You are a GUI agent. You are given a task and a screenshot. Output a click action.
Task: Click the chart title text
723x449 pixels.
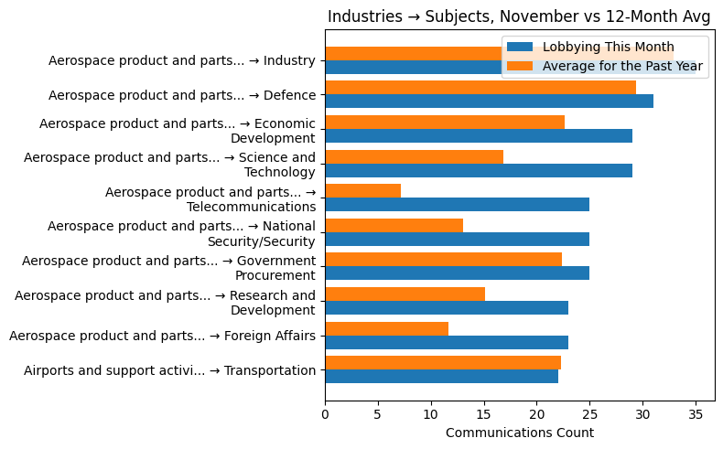tap(519, 16)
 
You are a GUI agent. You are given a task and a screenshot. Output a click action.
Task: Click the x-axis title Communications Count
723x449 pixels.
tap(519, 433)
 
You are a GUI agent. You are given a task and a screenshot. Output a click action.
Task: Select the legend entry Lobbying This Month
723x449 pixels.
tap(608, 47)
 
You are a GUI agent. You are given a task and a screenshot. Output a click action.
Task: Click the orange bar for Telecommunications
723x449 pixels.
tap(362, 190)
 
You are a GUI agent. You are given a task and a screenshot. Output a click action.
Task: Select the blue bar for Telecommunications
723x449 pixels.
tap(457, 204)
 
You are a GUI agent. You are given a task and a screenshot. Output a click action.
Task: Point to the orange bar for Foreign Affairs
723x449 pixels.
tap(386, 328)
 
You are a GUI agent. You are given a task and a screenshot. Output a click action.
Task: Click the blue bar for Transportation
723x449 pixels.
tap(441, 376)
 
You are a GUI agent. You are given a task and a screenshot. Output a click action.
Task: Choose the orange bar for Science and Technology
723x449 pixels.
tap(414, 156)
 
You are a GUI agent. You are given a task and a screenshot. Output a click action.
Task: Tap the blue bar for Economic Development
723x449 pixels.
tap(478, 135)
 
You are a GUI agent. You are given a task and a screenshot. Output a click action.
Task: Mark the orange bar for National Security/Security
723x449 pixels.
tap(394, 225)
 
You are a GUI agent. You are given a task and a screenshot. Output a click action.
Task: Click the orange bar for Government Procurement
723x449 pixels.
tap(443, 260)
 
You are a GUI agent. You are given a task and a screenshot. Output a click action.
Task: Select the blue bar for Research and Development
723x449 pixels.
tap(447, 307)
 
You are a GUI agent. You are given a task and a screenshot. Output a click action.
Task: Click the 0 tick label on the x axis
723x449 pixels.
tap(325, 413)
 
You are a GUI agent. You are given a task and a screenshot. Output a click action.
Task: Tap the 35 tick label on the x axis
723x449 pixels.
tap(696, 413)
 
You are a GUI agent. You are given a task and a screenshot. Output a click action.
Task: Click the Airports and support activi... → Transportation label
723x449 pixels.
tap(169, 370)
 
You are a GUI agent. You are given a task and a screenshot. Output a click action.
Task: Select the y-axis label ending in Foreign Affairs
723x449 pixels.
tap(162, 336)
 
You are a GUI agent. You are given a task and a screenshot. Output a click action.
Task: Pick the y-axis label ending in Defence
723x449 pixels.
tap(182, 95)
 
